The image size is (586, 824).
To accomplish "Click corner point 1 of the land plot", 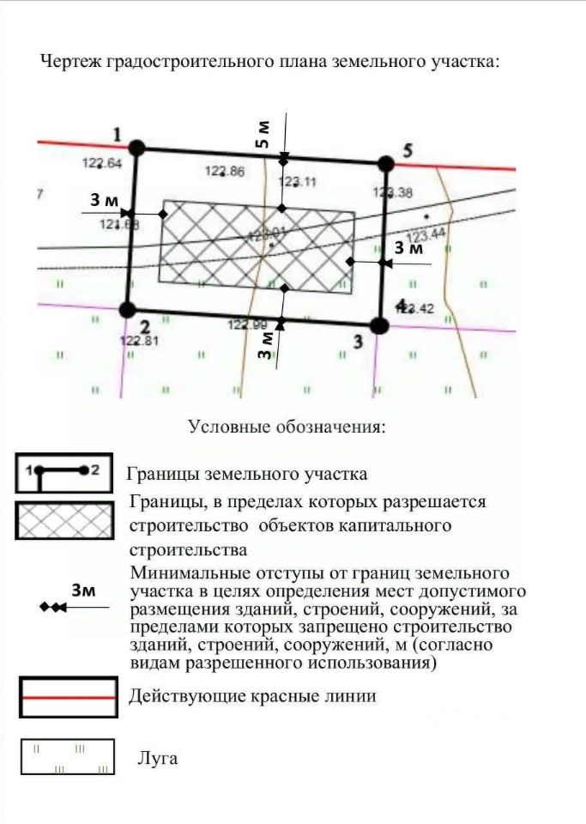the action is click(x=137, y=148).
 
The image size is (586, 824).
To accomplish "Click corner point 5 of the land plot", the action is click(x=386, y=163).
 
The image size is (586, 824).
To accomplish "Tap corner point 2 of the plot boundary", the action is click(x=127, y=310).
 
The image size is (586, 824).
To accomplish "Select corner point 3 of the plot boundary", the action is click(x=379, y=324).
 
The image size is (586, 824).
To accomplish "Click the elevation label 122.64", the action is click(x=102, y=163).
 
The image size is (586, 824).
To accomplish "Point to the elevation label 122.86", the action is click(x=225, y=171).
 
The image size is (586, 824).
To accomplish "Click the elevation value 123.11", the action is click(x=298, y=181).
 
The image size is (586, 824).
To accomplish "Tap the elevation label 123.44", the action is click(x=426, y=234).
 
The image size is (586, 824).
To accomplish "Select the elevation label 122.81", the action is click(x=140, y=340).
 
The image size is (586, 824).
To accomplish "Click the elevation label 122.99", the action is click(x=247, y=324).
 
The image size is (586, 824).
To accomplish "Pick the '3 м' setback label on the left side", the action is click(x=104, y=201).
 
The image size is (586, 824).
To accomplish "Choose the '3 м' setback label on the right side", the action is click(x=408, y=248).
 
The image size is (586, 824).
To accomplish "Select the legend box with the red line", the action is click(x=68, y=697).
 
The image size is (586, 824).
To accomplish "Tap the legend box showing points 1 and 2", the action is click(x=64, y=471).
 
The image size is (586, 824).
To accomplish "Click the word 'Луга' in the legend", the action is click(x=158, y=759).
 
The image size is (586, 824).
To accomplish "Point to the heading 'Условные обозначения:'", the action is click(x=287, y=427).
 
